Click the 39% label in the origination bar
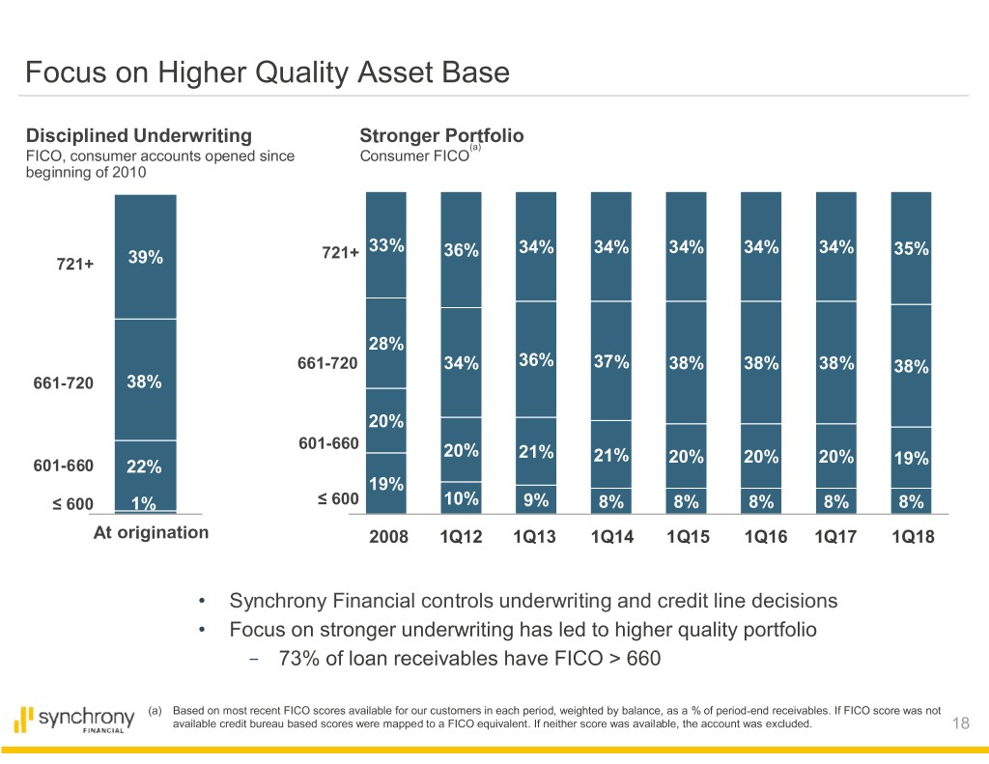[x=146, y=257]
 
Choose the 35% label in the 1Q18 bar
[x=911, y=248]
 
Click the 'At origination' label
[x=150, y=532]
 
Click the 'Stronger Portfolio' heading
[x=441, y=136]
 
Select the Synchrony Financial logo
[x=74, y=720]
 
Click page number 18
[x=959, y=725]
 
